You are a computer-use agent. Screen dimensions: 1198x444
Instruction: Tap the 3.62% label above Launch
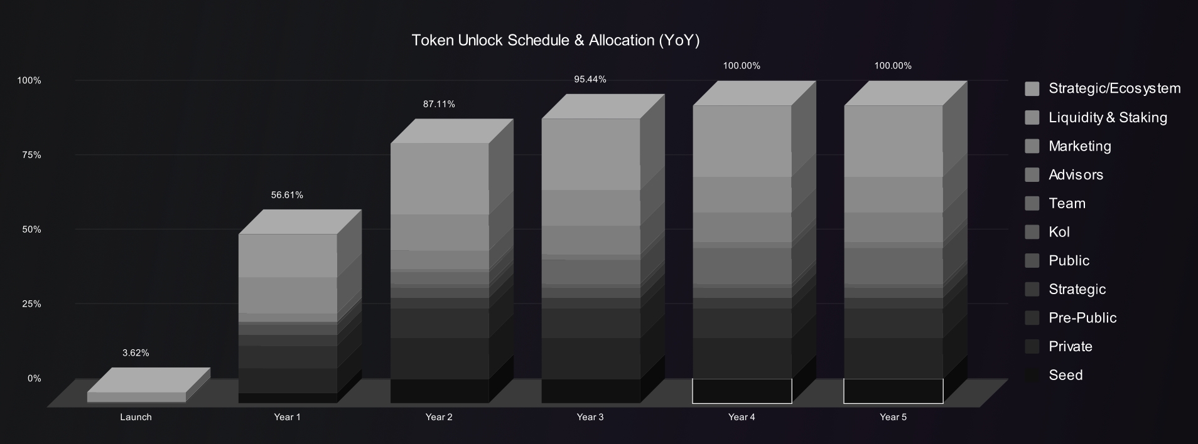136,353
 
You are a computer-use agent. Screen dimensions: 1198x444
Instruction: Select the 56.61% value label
287,195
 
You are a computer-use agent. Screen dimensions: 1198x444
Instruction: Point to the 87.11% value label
439,104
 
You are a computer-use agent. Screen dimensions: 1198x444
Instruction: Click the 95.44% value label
590,80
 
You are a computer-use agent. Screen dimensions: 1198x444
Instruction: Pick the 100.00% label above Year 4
742,66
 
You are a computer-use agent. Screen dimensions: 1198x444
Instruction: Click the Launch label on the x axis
136,417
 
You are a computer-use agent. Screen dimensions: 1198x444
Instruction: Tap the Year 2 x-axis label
439,417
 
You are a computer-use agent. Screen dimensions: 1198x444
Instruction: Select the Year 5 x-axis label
893,417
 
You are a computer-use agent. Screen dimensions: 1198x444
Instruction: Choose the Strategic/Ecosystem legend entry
1103,88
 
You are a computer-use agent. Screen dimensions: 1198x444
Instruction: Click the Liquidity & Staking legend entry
1096,117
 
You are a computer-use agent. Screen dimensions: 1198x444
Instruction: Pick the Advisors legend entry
1064,175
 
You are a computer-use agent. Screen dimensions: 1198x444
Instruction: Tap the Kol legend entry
1047,232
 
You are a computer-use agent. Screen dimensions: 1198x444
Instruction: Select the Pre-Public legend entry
1071,318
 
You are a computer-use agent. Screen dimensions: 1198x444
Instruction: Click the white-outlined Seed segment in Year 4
742,391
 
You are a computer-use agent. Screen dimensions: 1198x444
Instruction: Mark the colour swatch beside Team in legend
1032,203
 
